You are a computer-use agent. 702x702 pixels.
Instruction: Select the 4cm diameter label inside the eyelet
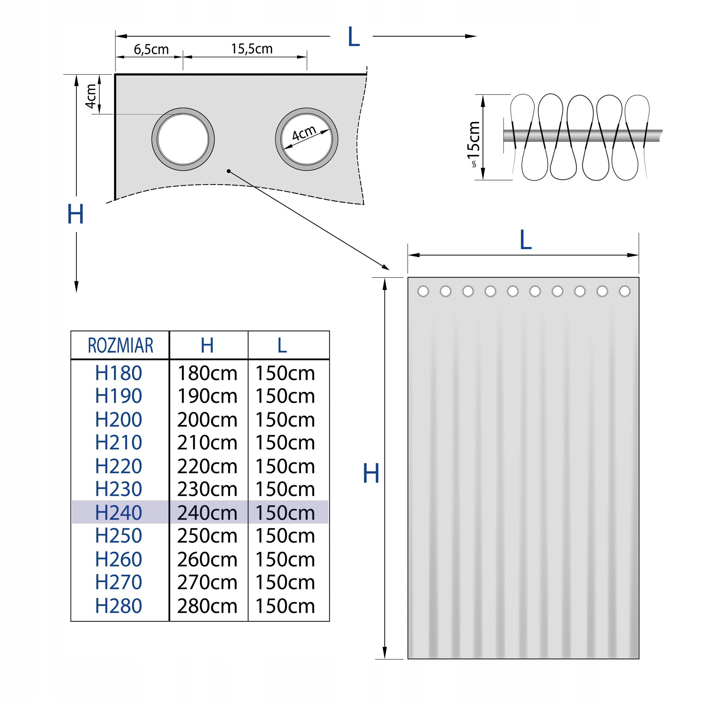click(x=304, y=133)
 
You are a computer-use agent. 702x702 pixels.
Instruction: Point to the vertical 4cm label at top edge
click(x=91, y=96)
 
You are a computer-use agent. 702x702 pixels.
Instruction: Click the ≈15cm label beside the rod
click(x=474, y=145)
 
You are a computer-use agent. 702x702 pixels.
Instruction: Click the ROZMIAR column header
click(x=121, y=346)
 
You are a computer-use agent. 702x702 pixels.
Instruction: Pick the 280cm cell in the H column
click(x=207, y=606)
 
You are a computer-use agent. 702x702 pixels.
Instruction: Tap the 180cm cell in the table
click(x=207, y=373)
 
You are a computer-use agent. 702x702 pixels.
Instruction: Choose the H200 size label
click(x=118, y=420)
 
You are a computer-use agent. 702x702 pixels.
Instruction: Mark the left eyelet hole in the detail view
click(x=183, y=139)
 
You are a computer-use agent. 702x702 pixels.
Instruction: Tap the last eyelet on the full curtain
click(x=625, y=291)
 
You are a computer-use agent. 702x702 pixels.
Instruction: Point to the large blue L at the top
click(x=353, y=36)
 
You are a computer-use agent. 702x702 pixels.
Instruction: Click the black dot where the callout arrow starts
click(x=228, y=171)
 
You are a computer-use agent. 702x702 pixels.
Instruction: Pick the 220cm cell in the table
click(x=207, y=466)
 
